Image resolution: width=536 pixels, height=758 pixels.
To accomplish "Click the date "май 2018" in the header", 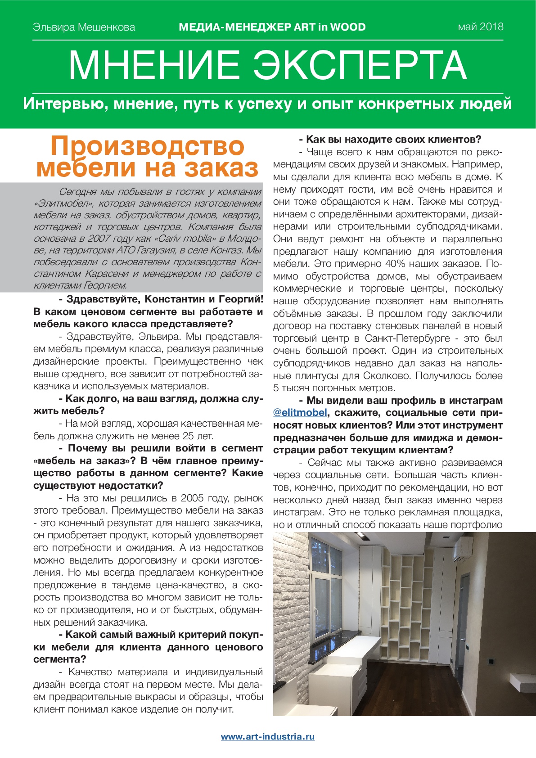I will (x=480, y=27).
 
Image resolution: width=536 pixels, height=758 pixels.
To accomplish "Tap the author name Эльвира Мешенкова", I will (x=84, y=27).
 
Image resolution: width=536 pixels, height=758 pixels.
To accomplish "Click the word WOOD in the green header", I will (x=348, y=27).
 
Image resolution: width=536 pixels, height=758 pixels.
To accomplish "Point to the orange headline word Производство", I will (x=147, y=146).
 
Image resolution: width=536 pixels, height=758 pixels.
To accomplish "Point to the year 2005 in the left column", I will (x=194, y=498).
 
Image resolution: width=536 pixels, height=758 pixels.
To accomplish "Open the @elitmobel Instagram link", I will (x=300, y=413).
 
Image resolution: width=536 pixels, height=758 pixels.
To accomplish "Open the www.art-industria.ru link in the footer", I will (x=268, y=737).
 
